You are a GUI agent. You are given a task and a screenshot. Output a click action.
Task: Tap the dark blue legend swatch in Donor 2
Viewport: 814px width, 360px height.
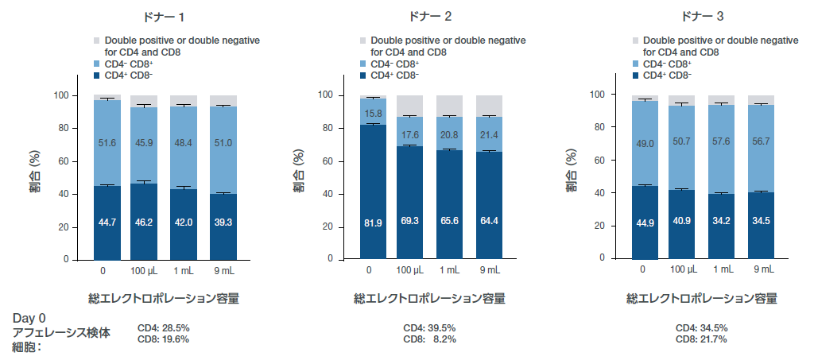coord(363,75)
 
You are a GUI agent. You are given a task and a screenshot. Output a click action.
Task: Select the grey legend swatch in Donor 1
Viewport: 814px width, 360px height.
coord(97,41)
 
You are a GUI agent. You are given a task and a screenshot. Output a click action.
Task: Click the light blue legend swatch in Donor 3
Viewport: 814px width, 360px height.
coord(636,64)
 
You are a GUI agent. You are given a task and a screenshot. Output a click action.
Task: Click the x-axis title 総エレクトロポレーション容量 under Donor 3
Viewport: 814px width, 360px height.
coord(702,299)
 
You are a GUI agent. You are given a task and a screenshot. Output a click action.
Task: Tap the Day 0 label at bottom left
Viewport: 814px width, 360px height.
coord(29,318)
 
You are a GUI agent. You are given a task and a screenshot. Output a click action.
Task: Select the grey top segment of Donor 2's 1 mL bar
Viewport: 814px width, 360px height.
coord(450,106)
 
